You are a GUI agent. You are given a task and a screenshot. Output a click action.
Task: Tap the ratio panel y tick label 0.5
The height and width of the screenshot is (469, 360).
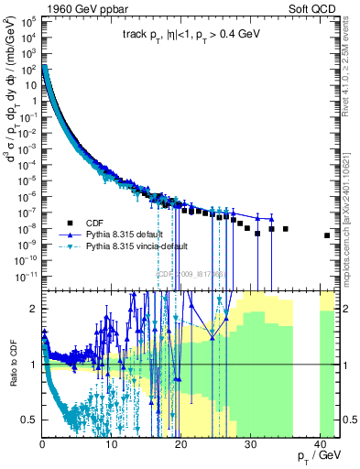(29, 420)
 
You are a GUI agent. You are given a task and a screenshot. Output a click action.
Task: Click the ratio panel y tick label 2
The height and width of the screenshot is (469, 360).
(34, 309)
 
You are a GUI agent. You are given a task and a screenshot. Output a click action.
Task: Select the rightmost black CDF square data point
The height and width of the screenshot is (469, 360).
(327, 235)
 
